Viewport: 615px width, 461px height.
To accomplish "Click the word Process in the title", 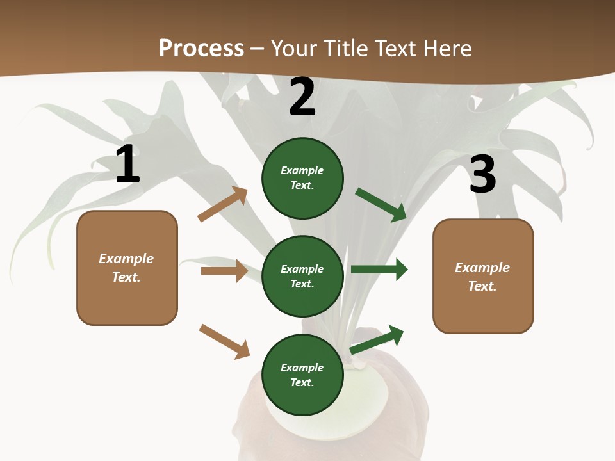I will [201, 49].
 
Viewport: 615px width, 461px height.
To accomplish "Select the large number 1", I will [127, 165].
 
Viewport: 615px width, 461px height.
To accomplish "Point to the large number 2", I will [302, 97].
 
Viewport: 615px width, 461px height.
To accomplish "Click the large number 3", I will [482, 175].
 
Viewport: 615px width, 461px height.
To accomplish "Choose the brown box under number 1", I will [127, 268].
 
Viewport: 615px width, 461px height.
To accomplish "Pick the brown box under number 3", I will [483, 276].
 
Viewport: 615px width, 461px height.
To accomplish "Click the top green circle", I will [302, 178].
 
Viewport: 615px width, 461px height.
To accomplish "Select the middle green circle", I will [302, 276].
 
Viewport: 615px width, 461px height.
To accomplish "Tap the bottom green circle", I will [302, 375].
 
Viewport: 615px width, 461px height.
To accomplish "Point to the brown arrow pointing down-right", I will [224, 341].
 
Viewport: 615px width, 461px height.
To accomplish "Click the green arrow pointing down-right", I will [381, 205].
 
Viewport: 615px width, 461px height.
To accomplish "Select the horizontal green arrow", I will [379, 270].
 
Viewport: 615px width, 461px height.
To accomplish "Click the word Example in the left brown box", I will [126, 259].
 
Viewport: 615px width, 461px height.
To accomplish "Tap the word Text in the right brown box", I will [482, 286].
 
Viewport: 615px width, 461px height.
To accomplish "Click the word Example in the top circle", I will [302, 171].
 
